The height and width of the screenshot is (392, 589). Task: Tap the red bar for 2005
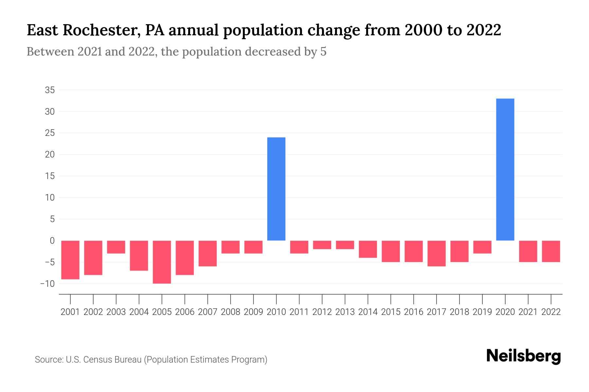[162, 262]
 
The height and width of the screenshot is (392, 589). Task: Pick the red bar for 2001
[70, 260]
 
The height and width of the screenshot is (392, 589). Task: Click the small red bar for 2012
[322, 245]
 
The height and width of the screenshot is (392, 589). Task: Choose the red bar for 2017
[436, 253]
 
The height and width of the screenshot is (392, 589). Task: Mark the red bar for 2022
[551, 251]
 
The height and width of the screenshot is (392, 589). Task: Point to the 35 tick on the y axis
[50, 90]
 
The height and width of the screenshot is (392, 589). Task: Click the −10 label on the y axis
[47, 284]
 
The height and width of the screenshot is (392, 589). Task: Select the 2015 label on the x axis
[391, 312]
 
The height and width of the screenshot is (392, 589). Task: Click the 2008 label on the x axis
[230, 312]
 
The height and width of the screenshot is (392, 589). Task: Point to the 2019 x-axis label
[482, 312]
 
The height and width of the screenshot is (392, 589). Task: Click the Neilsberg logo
[524, 356]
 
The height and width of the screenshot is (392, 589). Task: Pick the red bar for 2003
[116, 247]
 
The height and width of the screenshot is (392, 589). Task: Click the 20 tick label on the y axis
[50, 155]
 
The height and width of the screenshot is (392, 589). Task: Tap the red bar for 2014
[368, 249]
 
